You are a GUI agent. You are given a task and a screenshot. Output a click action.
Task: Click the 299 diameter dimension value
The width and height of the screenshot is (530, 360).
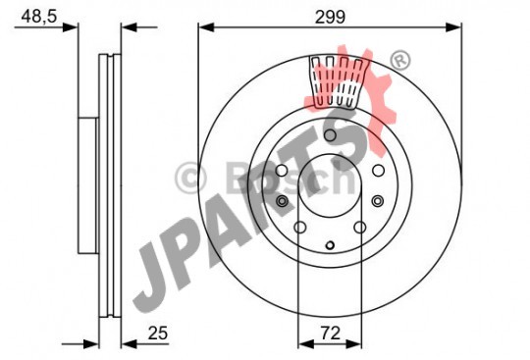tap(330, 17)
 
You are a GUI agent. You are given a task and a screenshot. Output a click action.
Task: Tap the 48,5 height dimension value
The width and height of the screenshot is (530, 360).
tap(39, 17)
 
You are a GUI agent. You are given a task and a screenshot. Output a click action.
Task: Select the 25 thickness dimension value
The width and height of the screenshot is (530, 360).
tap(158, 334)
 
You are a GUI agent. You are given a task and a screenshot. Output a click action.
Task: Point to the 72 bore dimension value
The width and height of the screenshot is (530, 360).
tap(330, 334)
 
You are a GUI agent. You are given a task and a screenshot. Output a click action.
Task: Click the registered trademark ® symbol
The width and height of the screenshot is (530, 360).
tap(400, 61)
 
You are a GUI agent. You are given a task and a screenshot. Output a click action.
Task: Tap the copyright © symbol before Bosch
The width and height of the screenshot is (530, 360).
tap(191, 178)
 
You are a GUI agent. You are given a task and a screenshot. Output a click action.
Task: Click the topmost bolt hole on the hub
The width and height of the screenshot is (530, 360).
tap(330, 135)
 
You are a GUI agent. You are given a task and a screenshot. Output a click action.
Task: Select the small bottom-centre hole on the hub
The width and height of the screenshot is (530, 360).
tap(330, 245)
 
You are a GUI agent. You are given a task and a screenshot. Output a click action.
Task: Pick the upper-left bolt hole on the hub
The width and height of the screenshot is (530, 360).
tap(282, 171)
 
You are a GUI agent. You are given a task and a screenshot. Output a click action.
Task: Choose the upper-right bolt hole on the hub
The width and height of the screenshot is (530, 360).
tap(378, 171)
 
